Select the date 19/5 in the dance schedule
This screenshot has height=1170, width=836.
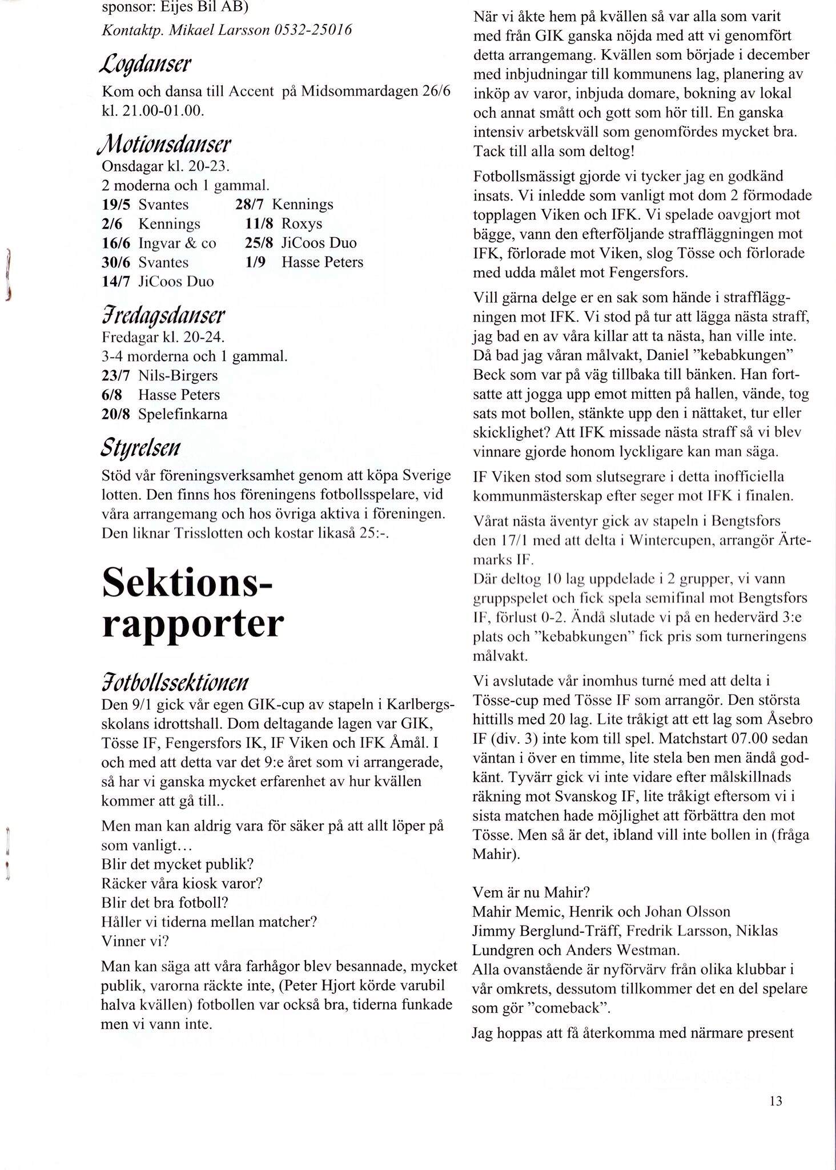point(116,205)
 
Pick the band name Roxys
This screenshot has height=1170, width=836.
point(302,223)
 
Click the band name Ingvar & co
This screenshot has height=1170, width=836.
point(177,243)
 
